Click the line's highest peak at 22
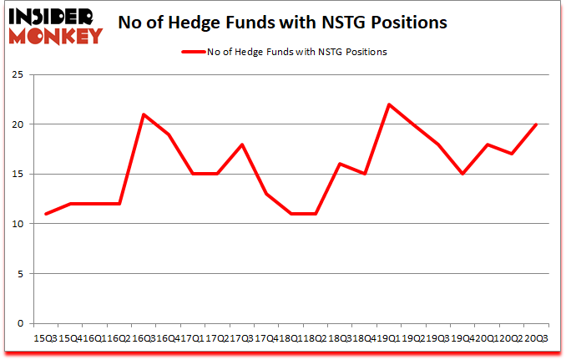pos(389,104)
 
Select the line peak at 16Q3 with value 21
pos(144,114)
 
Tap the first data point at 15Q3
pos(45,214)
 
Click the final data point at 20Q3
pos(536,124)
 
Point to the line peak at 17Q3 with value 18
pos(241,145)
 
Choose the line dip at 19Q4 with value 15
pos(462,174)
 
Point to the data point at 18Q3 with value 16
pos(340,164)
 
